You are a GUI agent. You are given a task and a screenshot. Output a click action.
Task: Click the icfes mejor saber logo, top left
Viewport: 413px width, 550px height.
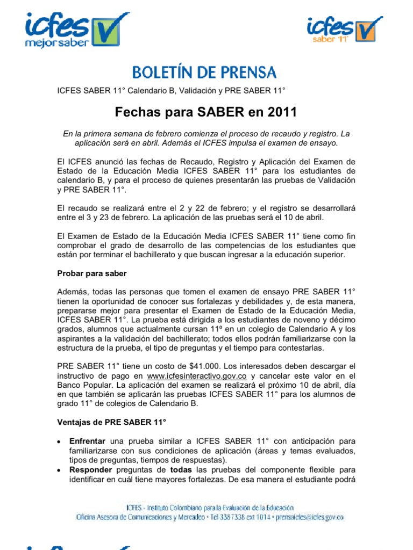[75, 30]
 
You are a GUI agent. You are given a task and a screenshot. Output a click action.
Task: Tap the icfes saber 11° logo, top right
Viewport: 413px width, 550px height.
[344, 30]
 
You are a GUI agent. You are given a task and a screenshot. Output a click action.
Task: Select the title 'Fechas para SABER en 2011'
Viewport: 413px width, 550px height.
[206, 112]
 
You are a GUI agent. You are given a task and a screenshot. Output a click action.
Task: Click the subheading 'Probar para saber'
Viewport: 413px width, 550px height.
[92, 273]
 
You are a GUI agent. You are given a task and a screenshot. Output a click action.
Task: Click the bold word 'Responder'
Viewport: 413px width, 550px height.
[89, 470]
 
